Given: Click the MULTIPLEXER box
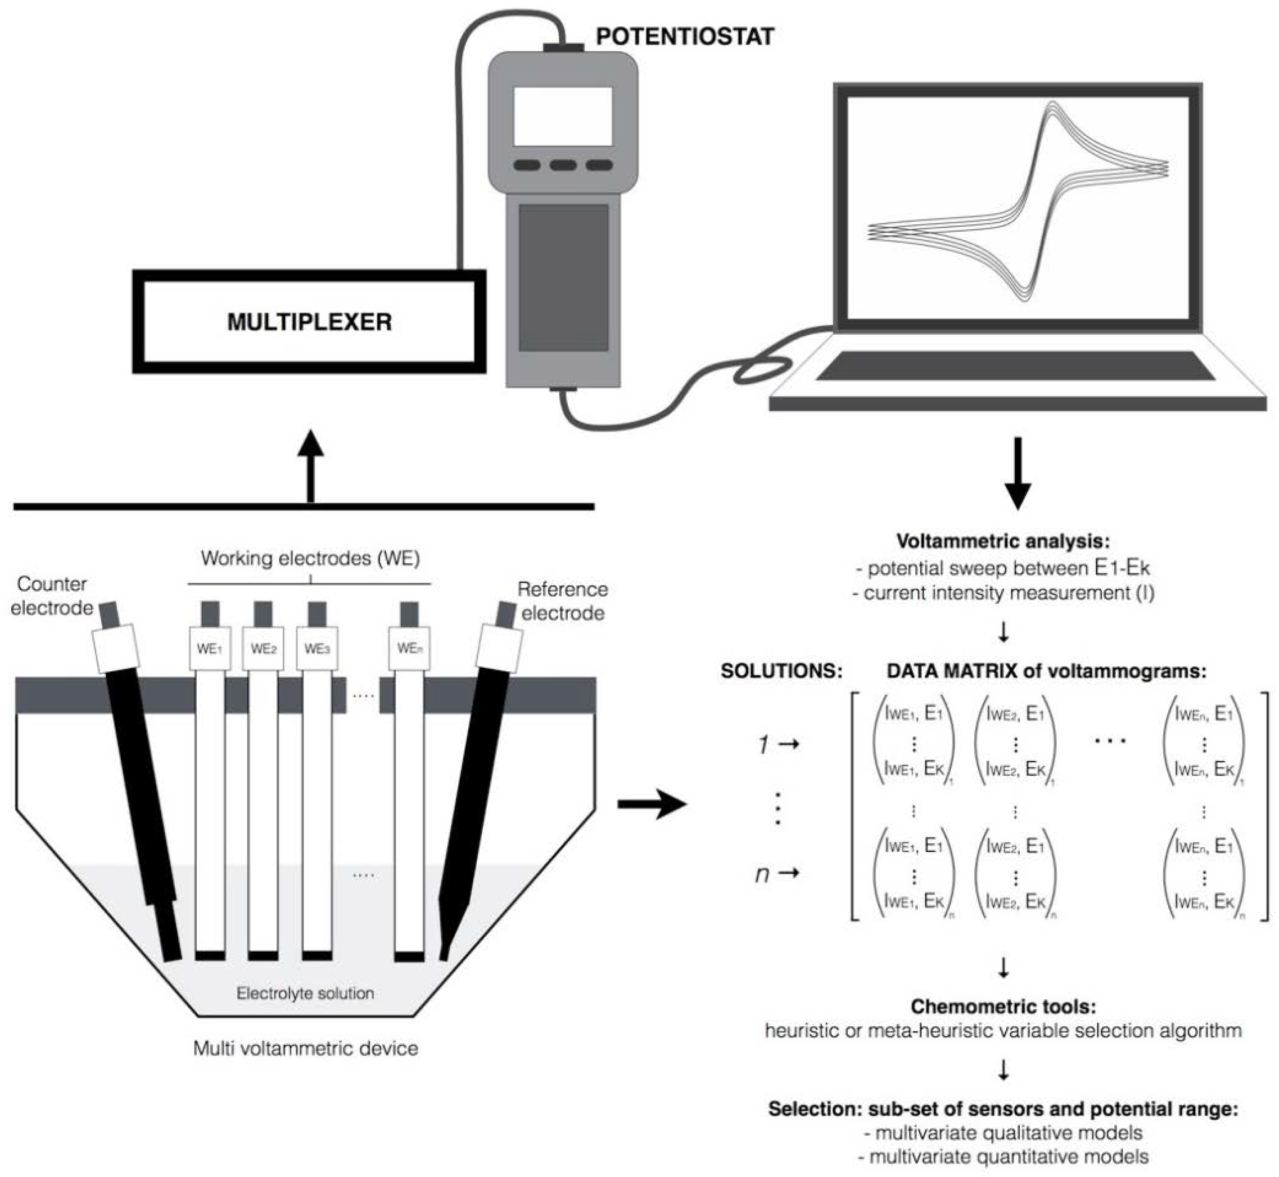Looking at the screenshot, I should (309, 322).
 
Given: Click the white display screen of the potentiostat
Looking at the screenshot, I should (562, 117).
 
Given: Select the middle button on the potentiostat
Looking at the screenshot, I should (563, 165).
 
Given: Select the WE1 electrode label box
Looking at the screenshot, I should (210, 648).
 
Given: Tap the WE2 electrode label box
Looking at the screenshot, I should (263, 648).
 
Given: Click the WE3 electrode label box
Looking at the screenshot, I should (317, 648).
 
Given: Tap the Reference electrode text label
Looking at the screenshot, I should (562, 601).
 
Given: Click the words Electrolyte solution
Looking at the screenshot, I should (305, 993).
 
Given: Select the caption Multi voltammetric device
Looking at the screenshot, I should (305, 1048).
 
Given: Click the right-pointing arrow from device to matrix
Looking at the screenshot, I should (651, 804).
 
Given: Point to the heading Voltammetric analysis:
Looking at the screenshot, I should (1003, 541).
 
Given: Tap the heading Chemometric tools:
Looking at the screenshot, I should (1003, 1006).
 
